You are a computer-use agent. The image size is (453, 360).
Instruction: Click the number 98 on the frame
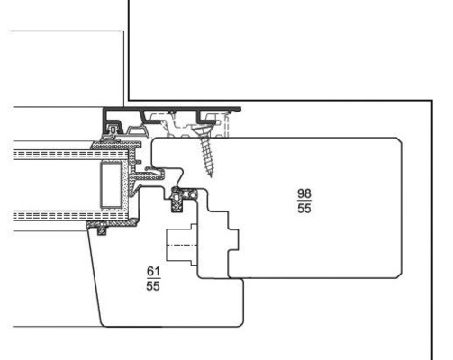pyautogui.click(x=304, y=193)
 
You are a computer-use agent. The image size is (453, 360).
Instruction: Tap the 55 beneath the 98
pyautogui.click(x=304, y=209)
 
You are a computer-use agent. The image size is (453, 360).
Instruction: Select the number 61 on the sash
pyautogui.click(x=153, y=272)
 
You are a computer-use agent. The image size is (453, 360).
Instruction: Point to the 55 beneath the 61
pyautogui.click(x=153, y=286)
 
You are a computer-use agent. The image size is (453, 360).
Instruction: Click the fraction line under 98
pyautogui.click(x=304, y=201)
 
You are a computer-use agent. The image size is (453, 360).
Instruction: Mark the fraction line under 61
pyautogui.click(x=153, y=279)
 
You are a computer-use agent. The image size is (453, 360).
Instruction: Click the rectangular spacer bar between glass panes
pyautogui.click(x=111, y=184)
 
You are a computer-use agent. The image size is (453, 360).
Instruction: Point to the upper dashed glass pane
pyautogui.click(x=71, y=155)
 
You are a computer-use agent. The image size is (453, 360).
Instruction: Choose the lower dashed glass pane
pyautogui.click(x=71, y=216)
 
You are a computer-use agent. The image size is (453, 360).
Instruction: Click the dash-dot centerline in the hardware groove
pyautogui.click(x=182, y=246)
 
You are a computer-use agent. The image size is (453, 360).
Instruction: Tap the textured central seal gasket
pyautogui.click(x=177, y=201)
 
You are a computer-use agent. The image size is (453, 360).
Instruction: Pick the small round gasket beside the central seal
pyautogui.click(x=192, y=194)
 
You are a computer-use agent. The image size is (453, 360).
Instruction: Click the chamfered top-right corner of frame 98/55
pyautogui.click(x=400, y=140)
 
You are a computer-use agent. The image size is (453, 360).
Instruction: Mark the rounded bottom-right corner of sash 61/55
pyautogui.click(x=240, y=323)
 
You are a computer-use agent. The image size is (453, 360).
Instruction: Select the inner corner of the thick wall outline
pyautogui.click(x=129, y=101)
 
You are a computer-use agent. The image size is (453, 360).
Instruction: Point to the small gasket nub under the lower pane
pyautogui.click(x=103, y=231)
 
